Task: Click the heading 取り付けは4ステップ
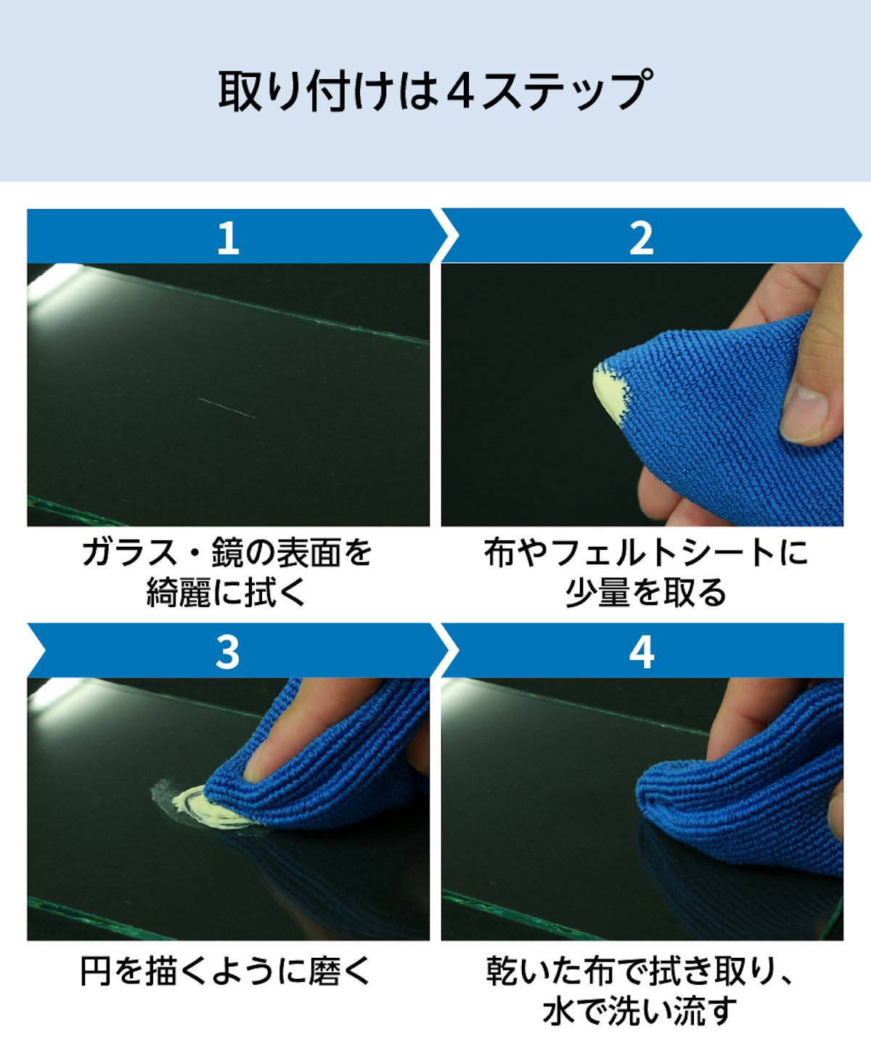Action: [x=435, y=91]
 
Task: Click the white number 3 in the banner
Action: [x=227, y=652]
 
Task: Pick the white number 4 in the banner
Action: [x=642, y=652]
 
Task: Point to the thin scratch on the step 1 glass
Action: [x=226, y=407]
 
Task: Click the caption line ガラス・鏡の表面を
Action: [x=227, y=552]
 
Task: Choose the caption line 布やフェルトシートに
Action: [x=646, y=552]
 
